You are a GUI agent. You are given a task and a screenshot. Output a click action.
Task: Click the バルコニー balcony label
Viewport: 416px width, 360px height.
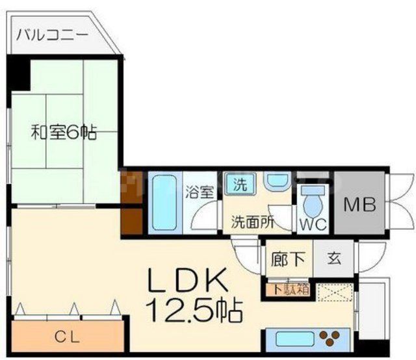(x=53, y=33)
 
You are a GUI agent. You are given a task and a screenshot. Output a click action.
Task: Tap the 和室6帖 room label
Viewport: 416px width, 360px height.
(x=64, y=133)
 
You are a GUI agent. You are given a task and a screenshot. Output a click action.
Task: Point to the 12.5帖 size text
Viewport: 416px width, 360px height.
(x=194, y=311)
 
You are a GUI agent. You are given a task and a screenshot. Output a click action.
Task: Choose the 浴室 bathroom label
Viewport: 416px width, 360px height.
(x=198, y=192)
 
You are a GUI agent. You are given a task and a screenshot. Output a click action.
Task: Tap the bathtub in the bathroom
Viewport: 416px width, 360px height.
(x=165, y=201)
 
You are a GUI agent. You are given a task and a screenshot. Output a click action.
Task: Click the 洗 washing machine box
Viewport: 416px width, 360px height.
(x=240, y=184)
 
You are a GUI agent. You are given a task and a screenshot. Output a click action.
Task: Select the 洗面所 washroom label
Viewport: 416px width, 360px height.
(x=252, y=221)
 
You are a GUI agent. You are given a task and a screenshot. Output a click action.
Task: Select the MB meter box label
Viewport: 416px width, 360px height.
(x=359, y=206)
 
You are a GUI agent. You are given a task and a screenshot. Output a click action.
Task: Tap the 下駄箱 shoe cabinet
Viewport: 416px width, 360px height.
(x=287, y=289)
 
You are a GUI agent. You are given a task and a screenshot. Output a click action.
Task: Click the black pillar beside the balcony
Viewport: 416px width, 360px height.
(x=20, y=73)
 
